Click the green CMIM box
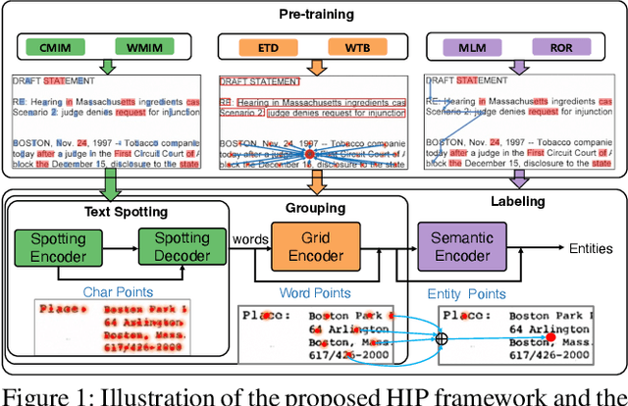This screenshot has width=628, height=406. (x=62, y=46)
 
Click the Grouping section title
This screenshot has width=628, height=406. (x=316, y=208)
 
